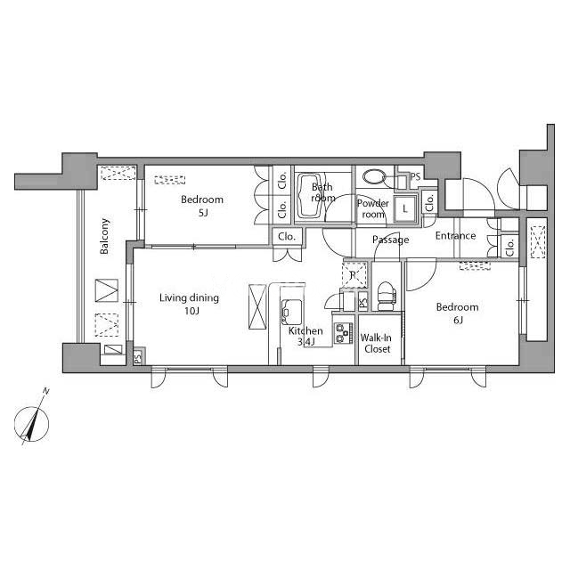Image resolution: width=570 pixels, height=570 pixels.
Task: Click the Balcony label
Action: pyautogui.click(x=105, y=236)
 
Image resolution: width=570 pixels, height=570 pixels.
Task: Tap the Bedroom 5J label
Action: pyautogui.click(x=202, y=206)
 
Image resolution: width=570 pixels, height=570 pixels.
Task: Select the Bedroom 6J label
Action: pyautogui.click(x=457, y=313)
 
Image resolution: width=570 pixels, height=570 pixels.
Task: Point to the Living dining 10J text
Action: pyautogui.click(x=190, y=305)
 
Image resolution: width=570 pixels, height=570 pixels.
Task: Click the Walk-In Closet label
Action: pyautogui.click(x=376, y=344)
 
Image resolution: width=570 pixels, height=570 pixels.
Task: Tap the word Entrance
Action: pyautogui.click(x=455, y=235)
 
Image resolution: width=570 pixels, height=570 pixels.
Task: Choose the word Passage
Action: pyautogui.click(x=390, y=240)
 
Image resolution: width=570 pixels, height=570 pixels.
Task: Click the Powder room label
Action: pyautogui.click(x=373, y=208)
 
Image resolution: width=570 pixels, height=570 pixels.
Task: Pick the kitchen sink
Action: pyautogui.click(x=291, y=312)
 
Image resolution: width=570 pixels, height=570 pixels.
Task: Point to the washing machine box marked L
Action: pyautogui.click(x=404, y=208)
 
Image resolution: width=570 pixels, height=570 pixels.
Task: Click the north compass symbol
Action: pyautogui.click(x=32, y=424)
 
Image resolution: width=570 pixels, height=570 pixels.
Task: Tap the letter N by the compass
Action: pyautogui.click(x=45, y=392)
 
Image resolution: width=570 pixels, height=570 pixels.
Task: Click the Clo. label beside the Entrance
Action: pyautogui.click(x=510, y=248)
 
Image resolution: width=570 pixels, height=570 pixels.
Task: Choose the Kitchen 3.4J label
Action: pyautogui.click(x=305, y=337)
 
